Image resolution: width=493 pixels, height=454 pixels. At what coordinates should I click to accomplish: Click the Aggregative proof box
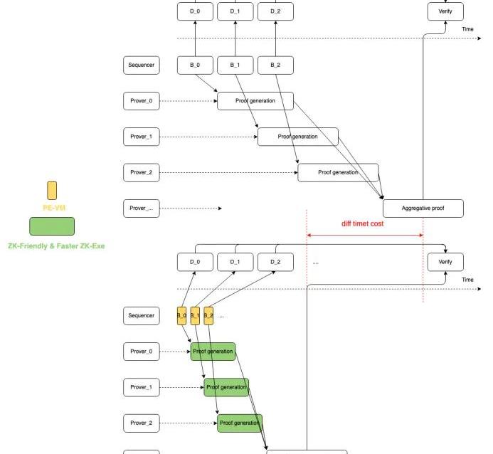[x=423, y=208]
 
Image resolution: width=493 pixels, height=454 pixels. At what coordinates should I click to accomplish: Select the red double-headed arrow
[x=365, y=236]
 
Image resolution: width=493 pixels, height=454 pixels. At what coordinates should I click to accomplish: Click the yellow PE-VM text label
[x=51, y=207]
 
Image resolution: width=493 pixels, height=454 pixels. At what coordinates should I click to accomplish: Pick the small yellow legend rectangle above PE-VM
[x=52, y=190]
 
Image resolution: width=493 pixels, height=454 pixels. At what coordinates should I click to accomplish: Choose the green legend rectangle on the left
[x=51, y=226]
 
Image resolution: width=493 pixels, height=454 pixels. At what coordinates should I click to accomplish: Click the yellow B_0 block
[x=181, y=315]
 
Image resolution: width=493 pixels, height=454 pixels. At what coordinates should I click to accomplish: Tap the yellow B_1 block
[x=195, y=315]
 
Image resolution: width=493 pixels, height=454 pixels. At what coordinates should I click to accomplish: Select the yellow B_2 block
[x=208, y=315]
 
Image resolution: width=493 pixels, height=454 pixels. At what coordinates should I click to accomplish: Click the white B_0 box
[x=195, y=65]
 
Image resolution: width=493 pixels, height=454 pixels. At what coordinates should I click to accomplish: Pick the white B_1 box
[x=235, y=65]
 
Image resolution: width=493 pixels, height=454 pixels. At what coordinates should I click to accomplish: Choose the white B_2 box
[x=276, y=65]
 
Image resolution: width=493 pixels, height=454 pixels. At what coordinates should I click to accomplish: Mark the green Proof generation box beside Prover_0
[x=213, y=352]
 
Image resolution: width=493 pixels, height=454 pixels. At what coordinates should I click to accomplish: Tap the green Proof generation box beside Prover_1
[x=226, y=387]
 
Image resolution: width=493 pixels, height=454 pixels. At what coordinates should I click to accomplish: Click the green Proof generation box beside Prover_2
[x=240, y=423]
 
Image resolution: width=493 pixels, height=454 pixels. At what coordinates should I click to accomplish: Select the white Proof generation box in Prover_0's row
[x=255, y=101]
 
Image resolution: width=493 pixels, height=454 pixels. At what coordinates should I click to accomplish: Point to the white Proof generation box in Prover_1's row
[x=297, y=137]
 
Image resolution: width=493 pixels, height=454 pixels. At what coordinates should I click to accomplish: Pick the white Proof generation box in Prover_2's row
[x=338, y=172]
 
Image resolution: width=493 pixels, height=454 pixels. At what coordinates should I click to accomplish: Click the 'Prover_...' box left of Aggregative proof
[x=141, y=208]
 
